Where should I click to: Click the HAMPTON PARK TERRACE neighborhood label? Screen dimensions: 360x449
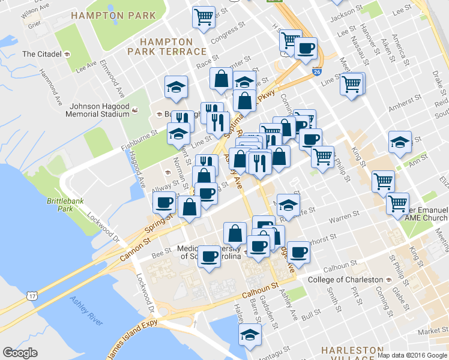click(x=166, y=46)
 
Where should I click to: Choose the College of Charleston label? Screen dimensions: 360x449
click(x=345, y=280)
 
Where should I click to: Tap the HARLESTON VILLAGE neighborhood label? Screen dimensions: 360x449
click(x=352, y=353)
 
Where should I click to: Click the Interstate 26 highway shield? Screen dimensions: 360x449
click(x=316, y=72)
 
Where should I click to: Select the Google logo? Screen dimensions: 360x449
click(x=20, y=353)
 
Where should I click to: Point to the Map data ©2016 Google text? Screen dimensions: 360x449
click(x=412, y=355)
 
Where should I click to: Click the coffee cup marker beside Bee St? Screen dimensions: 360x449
click(x=209, y=257)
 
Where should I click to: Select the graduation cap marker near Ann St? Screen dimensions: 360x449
click(x=400, y=142)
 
